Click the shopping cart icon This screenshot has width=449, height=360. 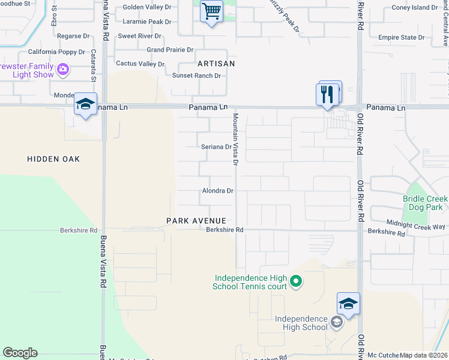coord(211,11)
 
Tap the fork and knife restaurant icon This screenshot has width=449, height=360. coord(327,95)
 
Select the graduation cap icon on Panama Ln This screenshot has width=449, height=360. coord(85,104)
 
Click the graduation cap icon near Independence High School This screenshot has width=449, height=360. coord(348,304)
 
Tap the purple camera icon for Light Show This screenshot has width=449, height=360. coord(62,71)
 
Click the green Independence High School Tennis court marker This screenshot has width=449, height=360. coord(295,281)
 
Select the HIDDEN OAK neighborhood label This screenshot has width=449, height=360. coord(53,159)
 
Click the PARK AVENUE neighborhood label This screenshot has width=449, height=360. coord(196,221)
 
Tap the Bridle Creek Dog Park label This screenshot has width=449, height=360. coord(425,203)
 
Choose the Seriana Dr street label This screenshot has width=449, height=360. coord(216,146)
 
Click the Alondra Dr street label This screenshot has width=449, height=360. coord(217,191)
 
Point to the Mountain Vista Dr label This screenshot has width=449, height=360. coord(236,139)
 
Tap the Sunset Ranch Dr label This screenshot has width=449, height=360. coord(197,76)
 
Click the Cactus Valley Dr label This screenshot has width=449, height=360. coord(140,63)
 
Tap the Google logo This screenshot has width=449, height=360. coord(20,353)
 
